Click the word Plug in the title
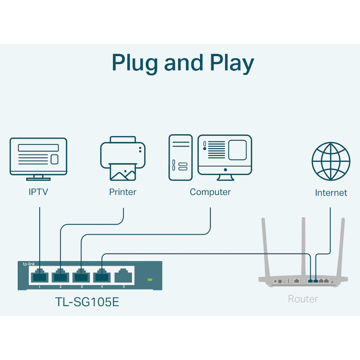(134, 63)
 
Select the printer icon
(123, 158)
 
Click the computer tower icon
(180, 158)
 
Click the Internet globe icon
(331, 161)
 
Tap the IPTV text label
(39, 192)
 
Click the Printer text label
(123, 192)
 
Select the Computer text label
(210, 192)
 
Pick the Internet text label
(331, 193)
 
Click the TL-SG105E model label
(87, 302)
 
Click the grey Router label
(303, 299)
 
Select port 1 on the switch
(40, 276)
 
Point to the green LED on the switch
(149, 280)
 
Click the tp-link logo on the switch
(29, 264)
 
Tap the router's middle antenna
(303, 246)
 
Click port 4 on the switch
(102, 276)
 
